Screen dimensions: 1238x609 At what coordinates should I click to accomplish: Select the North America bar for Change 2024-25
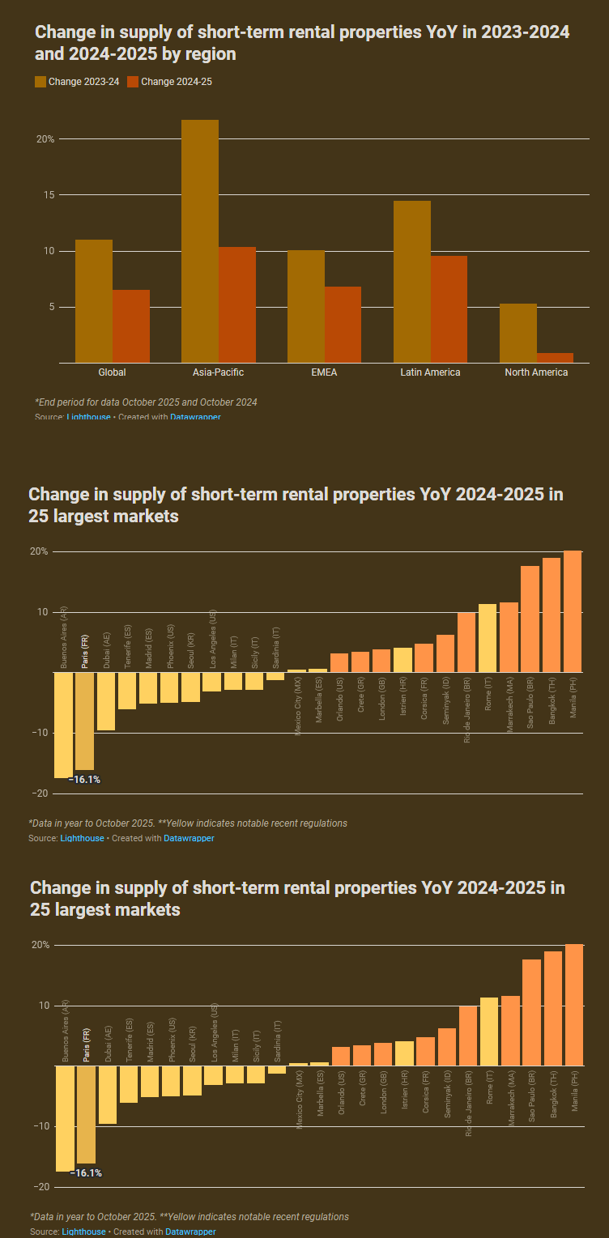click(x=555, y=358)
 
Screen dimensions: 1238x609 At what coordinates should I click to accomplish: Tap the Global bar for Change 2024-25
click(x=131, y=326)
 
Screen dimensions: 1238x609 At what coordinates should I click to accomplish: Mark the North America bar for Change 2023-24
click(x=518, y=333)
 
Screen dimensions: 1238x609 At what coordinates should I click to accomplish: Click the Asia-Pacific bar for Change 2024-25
click(x=237, y=305)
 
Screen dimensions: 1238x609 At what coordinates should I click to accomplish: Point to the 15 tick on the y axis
click(x=49, y=195)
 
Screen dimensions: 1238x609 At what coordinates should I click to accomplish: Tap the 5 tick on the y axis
click(x=50, y=307)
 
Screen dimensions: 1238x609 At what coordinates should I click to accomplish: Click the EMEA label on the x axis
click(x=324, y=372)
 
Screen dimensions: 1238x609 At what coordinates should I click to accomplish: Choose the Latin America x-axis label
click(x=430, y=372)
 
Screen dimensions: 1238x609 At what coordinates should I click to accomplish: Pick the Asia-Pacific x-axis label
click(x=218, y=372)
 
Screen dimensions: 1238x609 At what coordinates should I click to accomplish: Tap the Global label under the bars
click(x=112, y=372)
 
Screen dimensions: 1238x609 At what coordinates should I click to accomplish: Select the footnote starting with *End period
click(x=146, y=402)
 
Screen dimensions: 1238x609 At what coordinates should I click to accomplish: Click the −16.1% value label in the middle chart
click(x=84, y=779)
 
